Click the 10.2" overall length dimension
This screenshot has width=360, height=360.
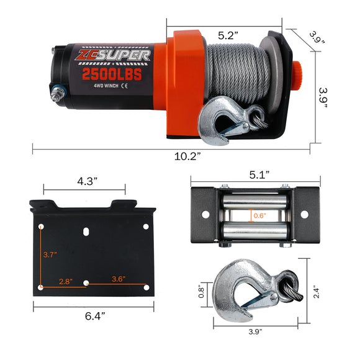coord(187,156)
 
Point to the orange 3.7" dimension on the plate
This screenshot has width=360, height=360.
coord(50,254)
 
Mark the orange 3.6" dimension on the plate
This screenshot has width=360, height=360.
coord(120,278)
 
